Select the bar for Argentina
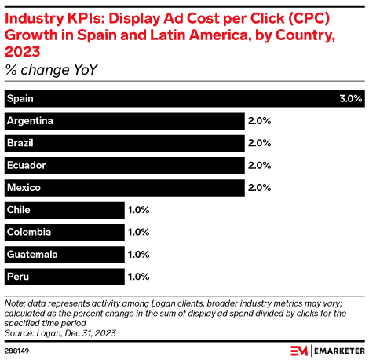click(x=124, y=121)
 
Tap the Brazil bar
click(x=124, y=143)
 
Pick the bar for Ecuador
click(x=124, y=165)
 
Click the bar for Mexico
click(x=124, y=188)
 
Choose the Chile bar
click(x=64, y=210)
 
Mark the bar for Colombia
click(x=64, y=232)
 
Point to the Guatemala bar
click(x=64, y=255)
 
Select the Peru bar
click(x=64, y=277)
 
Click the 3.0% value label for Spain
click(x=350, y=99)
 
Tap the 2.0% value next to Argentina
click(x=259, y=121)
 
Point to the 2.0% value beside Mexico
click(x=259, y=188)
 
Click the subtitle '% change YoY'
click(x=46, y=70)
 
